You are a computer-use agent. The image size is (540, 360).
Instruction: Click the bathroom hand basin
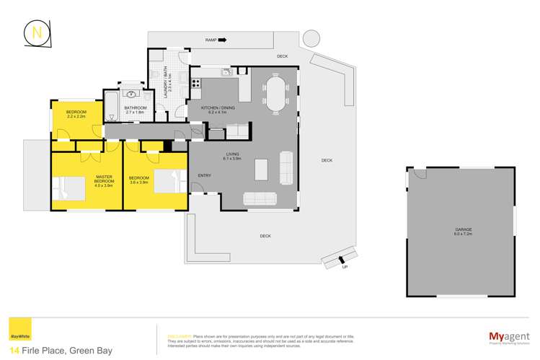click(132, 95)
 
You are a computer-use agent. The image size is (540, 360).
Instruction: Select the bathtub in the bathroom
click(111, 106)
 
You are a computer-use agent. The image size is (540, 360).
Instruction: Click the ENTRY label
click(204, 175)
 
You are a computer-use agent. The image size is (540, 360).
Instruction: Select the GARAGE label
click(462, 229)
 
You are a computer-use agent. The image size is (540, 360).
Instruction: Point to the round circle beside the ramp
click(311, 37)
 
